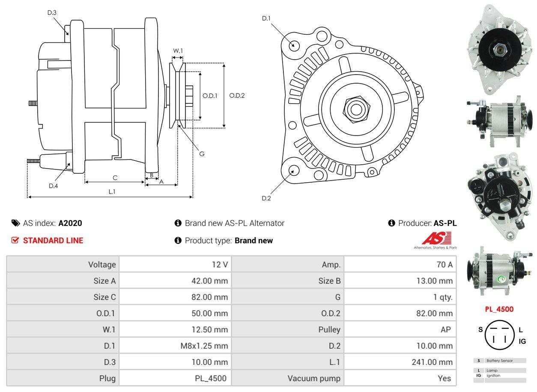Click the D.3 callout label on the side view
pos(52,12)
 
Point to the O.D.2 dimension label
pos(237,95)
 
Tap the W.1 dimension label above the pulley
pos(178,51)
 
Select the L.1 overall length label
pos(112,192)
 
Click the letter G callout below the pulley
pos(202,154)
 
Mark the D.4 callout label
pos(53,186)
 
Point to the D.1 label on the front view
pos(266,18)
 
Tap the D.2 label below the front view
pos(266,198)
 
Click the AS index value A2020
pos(70,223)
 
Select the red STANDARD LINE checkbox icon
pos(15,240)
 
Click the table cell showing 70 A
pos(444,265)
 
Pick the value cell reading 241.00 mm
pos(432,362)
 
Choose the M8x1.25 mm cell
pos(204,346)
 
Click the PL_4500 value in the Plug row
pos(210,378)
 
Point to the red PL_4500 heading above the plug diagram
pos(499,309)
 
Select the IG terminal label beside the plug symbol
pos(522,341)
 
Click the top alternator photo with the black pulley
pos(499,49)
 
